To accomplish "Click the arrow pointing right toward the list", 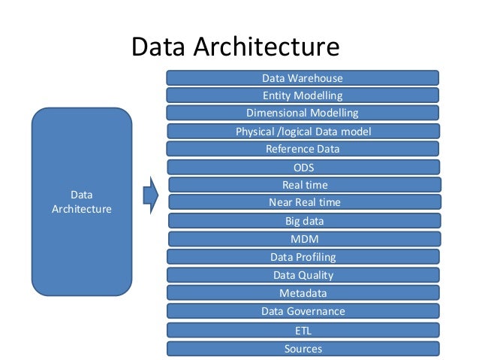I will coord(151,195).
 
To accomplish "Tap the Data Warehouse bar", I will coord(302,77).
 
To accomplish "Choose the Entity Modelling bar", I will coord(302,95).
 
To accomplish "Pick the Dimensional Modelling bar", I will coord(302,113).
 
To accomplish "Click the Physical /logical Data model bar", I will coord(302,132).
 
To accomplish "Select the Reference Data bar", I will coord(302,149).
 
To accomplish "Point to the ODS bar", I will coord(303,167).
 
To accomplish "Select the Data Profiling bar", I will coord(303,257).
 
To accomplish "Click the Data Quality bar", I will coord(303,275).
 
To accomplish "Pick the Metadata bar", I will coord(303,293).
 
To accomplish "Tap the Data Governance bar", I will coord(303,311).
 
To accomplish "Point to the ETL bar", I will coord(303,330).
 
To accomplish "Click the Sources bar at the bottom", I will coord(303,349).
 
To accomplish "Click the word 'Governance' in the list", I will coord(316,311).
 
